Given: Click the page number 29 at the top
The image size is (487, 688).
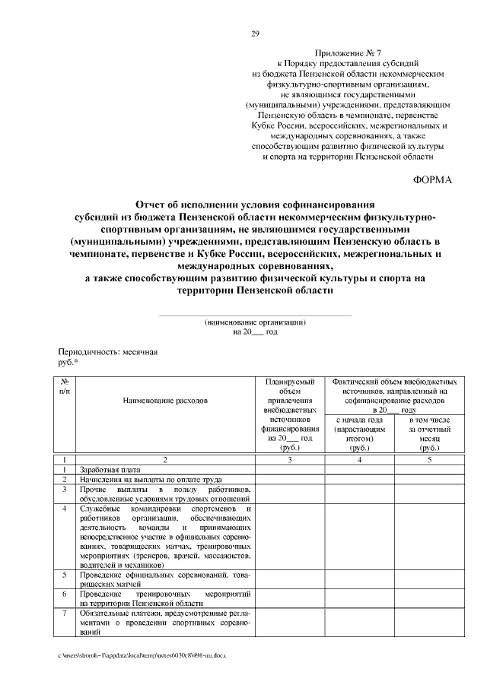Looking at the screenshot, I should pos(255,33).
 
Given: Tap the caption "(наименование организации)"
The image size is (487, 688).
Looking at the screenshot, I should pos(255,322).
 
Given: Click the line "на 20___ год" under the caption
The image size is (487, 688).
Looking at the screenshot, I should pos(255,332).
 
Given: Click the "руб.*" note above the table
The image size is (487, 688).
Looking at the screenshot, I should pos(68,363).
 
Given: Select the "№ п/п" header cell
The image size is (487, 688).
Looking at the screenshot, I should pos(66,385).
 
